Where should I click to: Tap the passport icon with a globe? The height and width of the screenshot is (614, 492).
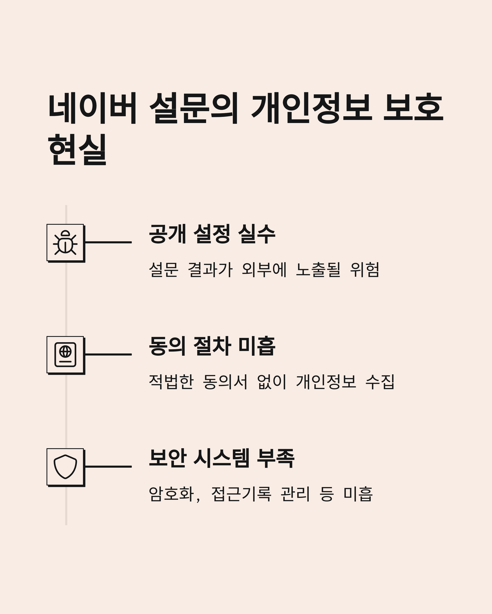click(x=65, y=354)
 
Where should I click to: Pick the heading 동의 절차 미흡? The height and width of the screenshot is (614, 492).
click(x=212, y=346)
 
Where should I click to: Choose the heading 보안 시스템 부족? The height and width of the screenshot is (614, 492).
click(x=222, y=458)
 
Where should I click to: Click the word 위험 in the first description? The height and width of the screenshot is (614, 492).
click(x=364, y=269)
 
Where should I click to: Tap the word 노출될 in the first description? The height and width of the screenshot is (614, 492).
click(x=318, y=269)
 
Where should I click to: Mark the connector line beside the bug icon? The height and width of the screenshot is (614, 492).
click(x=108, y=242)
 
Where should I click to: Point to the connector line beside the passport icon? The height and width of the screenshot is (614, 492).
click(x=108, y=354)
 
